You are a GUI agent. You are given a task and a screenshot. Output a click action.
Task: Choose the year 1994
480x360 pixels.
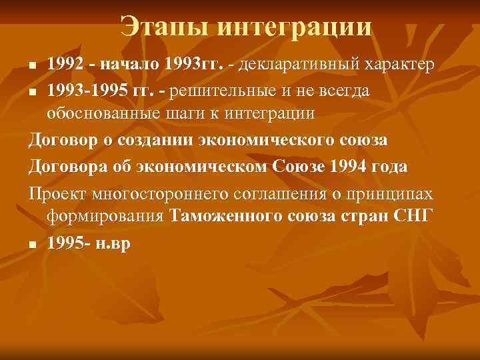point(347,167)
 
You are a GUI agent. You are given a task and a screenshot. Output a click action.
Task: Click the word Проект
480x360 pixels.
point(57,194)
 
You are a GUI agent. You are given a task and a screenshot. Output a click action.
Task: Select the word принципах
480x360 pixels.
point(395,194)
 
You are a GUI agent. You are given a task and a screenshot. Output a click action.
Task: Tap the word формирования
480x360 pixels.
point(106,217)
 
